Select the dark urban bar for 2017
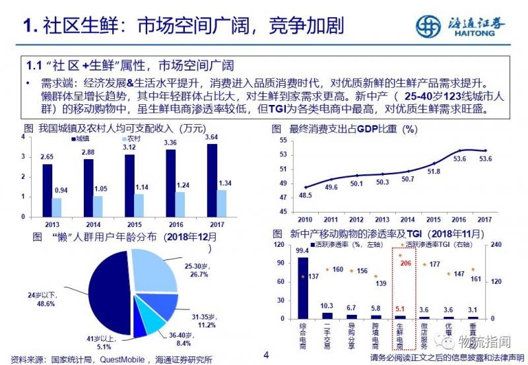click(x=211, y=180)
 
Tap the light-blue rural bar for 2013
click(x=57, y=207)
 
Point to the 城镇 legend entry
click(x=81, y=139)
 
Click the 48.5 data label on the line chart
click(x=305, y=195)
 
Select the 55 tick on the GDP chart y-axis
click(x=282, y=141)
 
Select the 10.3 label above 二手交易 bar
click(x=325, y=306)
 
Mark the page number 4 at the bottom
click(x=267, y=355)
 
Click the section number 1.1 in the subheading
click(x=34, y=66)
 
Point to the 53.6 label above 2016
click(x=459, y=159)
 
